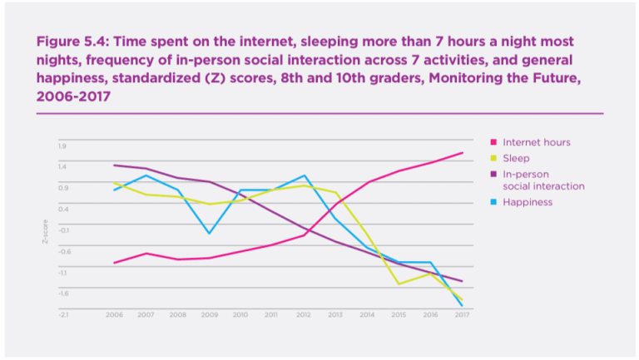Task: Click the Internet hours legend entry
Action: click(536, 142)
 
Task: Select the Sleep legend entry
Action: click(516, 158)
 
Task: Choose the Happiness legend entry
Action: click(528, 202)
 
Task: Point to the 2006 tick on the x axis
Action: click(115, 315)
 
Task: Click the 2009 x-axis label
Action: click(209, 315)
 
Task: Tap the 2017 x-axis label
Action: click(462, 315)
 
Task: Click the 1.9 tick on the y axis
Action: click(62, 146)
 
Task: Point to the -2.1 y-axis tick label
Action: click(62, 315)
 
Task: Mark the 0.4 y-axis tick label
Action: click(62, 209)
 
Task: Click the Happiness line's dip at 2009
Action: click(209, 234)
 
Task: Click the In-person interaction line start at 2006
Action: click(115, 165)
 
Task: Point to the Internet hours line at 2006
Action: click(115, 263)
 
